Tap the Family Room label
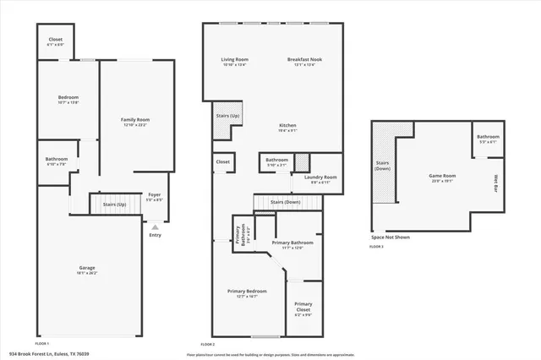click(x=135, y=122)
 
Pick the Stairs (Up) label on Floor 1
click(x=115, y=205)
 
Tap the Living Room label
click(x=233, y=60)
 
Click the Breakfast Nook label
click(x=301, y=60)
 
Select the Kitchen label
click(x=288, y=127)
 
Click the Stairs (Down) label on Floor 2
click(x=286, y=202)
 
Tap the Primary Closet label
click(x=303, y=308)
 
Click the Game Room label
click(x=442, y=176)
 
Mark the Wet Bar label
click(x=495, y=182)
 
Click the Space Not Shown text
click(x=390, y=237)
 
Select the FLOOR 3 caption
click(x=376, y=247)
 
